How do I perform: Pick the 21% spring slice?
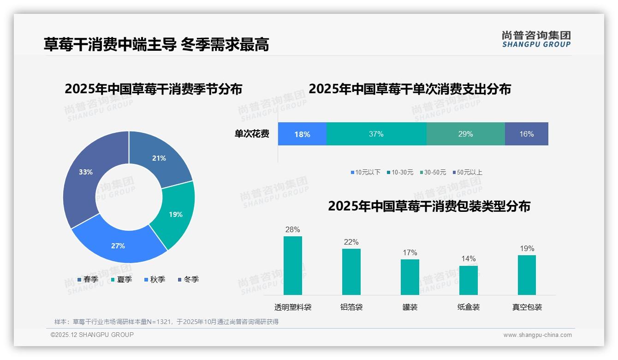[159, 157]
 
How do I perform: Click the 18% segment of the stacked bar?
[302, 134]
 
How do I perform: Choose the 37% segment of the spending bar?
[376, 134]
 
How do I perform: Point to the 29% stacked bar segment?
[465, 134]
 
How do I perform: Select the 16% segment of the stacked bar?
[526, 134]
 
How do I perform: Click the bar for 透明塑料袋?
[293, 265]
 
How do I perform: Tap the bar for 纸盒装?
[469, 280]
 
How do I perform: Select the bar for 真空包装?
[527, 275]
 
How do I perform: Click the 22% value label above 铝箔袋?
[351, 242]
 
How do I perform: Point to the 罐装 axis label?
[410, 307]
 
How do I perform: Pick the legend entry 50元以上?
[469, 172]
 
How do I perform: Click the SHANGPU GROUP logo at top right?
[536, 39]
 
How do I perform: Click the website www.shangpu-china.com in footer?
[537, 335]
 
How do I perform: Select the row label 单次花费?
[252, 134]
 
